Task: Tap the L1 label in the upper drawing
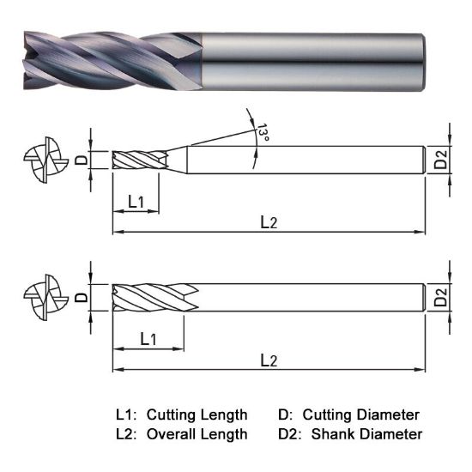click(x=137, y=203)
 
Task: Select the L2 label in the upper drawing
click(x=269, y=223)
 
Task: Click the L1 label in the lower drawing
click(x=148, y=339)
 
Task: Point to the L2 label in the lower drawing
click(x=269, y=360)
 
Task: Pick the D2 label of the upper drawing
click(x=440, y=160)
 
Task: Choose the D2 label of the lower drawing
click(x=440, y=298)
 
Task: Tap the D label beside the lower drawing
click(x=82, y=297)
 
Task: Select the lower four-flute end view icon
click(x=44, y=298)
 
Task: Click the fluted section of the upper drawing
click(x=137, y=160)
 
